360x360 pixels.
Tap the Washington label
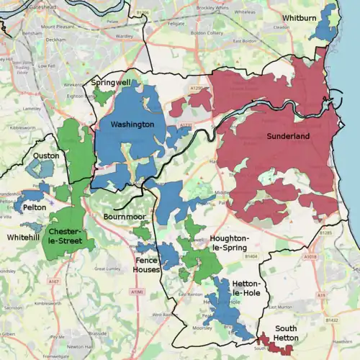(132, 125)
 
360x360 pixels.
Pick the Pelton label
(34, 207)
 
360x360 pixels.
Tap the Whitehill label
(24, 236)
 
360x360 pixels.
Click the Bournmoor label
(125, 216)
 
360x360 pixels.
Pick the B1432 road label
(332, 319)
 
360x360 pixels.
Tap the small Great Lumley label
(107, 269)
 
